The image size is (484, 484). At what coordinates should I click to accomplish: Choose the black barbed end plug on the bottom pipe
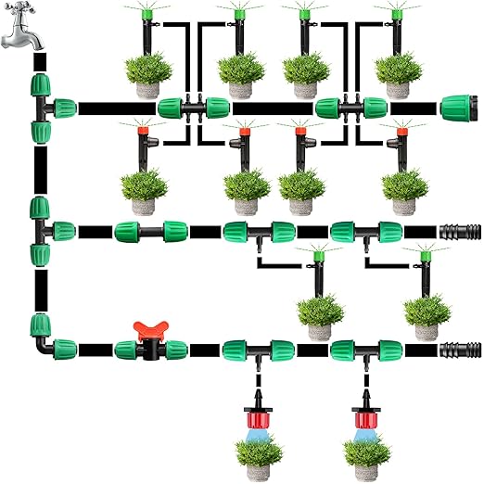tap(459, 350)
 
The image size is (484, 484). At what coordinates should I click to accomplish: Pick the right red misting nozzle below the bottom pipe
tap(363, 409)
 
